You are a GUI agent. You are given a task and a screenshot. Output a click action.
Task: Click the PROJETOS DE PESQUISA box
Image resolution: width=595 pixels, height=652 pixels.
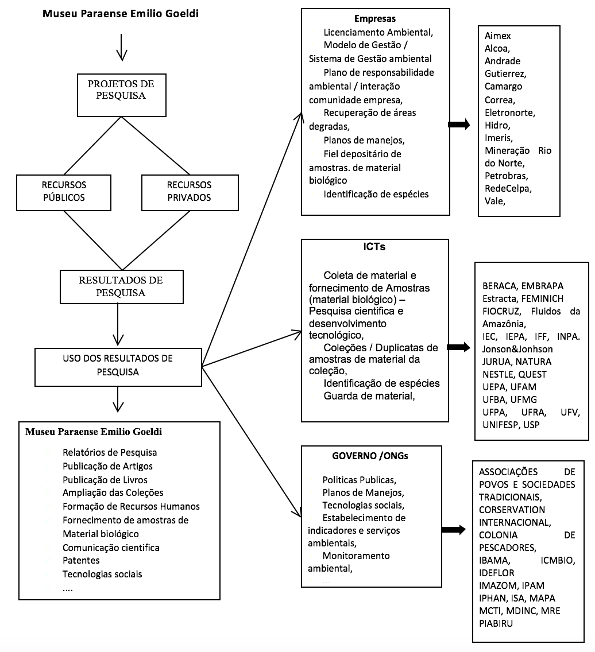click(x=122, y=95)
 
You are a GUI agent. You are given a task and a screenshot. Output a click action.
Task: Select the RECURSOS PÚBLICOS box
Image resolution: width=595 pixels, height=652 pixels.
click(x=64, y=192)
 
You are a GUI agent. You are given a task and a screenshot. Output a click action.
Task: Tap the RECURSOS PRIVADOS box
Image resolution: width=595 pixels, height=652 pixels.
click(x=190, y=192)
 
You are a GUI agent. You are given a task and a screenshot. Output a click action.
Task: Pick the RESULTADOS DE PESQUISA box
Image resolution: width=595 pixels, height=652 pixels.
click(x=122, y=287)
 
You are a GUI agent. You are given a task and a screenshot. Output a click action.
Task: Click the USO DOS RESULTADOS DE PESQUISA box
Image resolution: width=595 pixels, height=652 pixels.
click(x=118, y=367)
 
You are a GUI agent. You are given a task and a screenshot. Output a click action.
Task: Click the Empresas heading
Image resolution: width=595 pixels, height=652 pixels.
click(x=375, y=19)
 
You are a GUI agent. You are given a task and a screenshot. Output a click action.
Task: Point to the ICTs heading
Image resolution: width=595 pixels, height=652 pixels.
click(x=374, y=247)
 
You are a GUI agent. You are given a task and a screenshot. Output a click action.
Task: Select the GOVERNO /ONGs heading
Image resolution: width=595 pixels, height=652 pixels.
click(x=370, y=456)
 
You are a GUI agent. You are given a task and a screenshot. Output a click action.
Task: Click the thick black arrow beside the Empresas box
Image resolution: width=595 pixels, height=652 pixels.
click(x=459, y=125)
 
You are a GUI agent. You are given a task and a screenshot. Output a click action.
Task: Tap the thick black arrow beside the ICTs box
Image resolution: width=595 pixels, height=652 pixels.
click(x=458, y=347)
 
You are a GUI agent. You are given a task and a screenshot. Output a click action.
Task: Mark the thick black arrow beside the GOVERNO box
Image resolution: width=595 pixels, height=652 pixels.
click(x=454, y=529)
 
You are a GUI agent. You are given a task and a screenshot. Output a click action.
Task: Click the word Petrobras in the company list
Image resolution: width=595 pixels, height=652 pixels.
click(x=506, y=176)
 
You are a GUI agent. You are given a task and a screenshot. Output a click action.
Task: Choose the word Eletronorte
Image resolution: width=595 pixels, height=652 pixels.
click(x=509, y=112)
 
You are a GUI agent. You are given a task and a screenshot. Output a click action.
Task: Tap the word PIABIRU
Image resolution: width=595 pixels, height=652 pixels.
click(x=496, y=623)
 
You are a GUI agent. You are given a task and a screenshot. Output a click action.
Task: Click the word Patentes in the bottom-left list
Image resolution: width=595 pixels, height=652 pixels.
click(x=81, y=560)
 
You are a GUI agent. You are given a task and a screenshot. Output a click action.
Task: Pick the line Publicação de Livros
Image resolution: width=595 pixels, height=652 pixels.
click(x=105, y=480)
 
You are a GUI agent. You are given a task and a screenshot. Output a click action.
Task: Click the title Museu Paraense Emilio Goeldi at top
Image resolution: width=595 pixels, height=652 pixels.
click(x=121, y=14)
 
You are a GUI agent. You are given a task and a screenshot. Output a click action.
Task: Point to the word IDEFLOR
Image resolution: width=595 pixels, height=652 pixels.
click(x=496, y=573)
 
